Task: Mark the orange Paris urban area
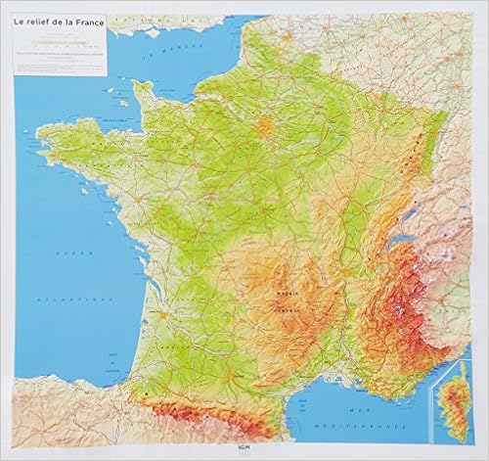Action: pos(267,127)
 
